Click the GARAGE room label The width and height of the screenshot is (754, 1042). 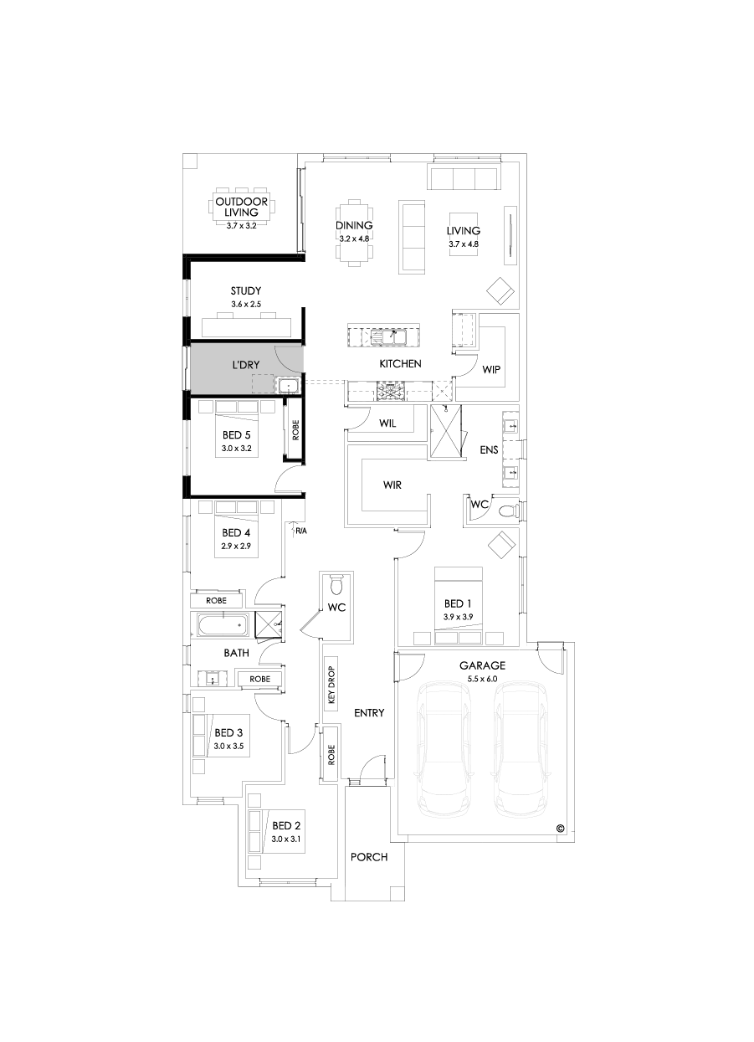pos(482,665)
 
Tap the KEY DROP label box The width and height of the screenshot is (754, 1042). pos(331,682)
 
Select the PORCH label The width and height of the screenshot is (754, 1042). pos(369,857)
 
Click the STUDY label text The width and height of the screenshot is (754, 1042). pos(246,291)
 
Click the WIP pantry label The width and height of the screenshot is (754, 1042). pos(491,368)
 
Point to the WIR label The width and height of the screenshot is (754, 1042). pos(393,485)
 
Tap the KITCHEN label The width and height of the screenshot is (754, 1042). pos(400,364)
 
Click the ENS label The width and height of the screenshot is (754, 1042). pos(489,449)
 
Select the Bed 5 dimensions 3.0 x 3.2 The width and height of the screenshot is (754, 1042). pos(236,449)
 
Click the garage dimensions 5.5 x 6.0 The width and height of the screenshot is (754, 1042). pos(482,679)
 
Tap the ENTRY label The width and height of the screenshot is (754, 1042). pos(369,713)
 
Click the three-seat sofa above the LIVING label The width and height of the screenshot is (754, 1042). pos(463,178)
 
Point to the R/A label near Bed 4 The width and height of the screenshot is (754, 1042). pos(300,530)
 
